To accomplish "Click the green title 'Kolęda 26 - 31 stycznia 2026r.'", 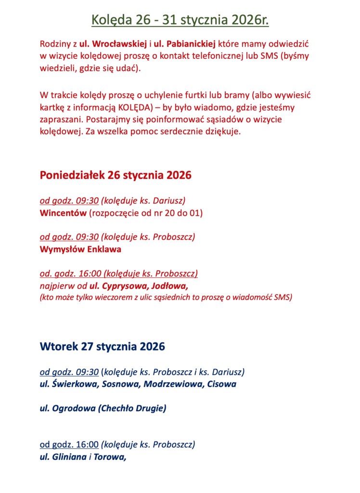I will point(180,21).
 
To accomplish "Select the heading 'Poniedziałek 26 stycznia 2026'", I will point(116,175).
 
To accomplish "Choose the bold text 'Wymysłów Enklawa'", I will point(80,249).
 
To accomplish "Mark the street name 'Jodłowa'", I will point(170,285).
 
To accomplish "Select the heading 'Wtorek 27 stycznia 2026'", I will point(102,346).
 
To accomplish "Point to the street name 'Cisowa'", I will point(219,384).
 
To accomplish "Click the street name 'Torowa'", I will point(109,457).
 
